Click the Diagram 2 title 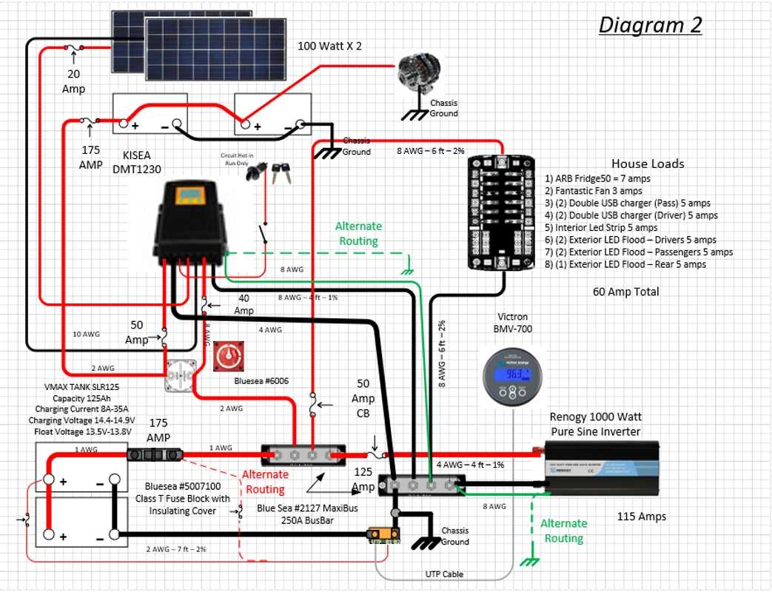click(649, 25)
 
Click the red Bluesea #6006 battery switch click(228, 357)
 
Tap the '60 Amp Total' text click(625, 292)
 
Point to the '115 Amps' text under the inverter click(641, 517)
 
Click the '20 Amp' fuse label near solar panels click(73, 82)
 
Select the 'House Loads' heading click(647, 164)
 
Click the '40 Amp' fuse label click(244, 304)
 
